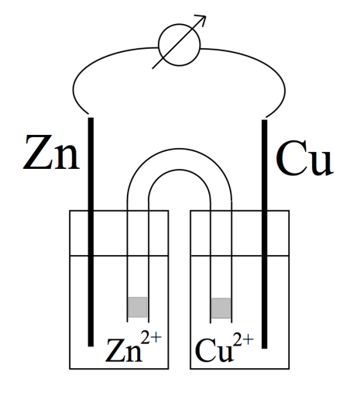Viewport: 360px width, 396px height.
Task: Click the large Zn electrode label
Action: pos(51,153)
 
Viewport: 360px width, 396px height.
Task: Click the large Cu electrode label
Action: pos(304,157)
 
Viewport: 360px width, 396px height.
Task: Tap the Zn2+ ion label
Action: pos(133,347)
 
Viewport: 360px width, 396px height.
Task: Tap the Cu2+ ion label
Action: pos(224,347)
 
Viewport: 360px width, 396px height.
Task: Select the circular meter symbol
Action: pos(180,45)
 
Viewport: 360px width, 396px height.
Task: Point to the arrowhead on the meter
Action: pos(201,19)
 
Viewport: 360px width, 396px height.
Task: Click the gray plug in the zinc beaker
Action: pos(138,307)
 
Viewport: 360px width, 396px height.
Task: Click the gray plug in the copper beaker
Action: pos(221,308)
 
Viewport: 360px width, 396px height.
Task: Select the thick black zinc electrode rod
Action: pos(91,232)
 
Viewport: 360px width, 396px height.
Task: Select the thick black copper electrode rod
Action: pos(265,234)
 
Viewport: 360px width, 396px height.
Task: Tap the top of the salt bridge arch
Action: pos(180,149)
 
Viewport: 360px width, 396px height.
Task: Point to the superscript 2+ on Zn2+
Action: pos(151,338)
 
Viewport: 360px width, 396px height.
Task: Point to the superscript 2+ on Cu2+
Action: pos(243,339)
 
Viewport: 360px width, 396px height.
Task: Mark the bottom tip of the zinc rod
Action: pos(91,346)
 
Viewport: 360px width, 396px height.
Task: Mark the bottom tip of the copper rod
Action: pos(265,349)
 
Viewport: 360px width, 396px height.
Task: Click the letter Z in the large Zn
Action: pos(37,153)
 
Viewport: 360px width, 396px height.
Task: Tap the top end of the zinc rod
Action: pos(91,118)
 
